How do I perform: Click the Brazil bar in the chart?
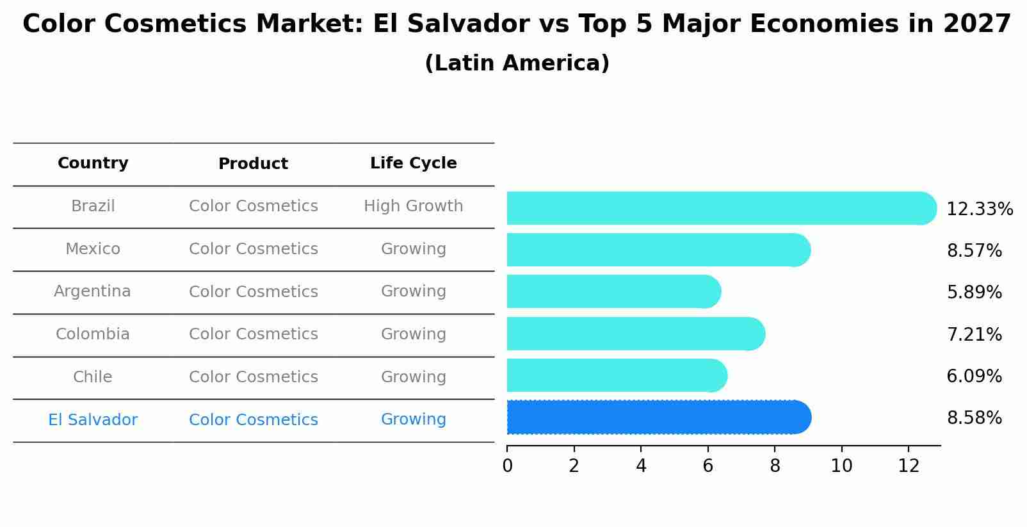click(x=717, y=208)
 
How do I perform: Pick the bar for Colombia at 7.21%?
click(x=634, y=334)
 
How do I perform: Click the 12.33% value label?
click(x=979, y=209)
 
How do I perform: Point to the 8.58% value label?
click(x=974, y=418)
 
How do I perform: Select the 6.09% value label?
click(x=974, y=376)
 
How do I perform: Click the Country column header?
click(x=93, y=163)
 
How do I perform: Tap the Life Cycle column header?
click(x=413, y=163)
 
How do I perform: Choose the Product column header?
click(x=253, y=164)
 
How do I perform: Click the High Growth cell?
click(x=413, y=206)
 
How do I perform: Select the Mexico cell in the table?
click(x=93, y=249)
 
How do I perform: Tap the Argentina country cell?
click(x=92, y=291)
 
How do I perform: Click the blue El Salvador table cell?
click(x=93, y=420)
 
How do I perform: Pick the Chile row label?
click(x=93, y=377)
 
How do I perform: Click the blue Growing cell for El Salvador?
click(x=413, y=419)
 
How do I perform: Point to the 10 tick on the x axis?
click(x=841, y=466)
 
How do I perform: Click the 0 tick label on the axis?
click(x=507, y=466)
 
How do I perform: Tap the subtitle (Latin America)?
click(x=517, y=63)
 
